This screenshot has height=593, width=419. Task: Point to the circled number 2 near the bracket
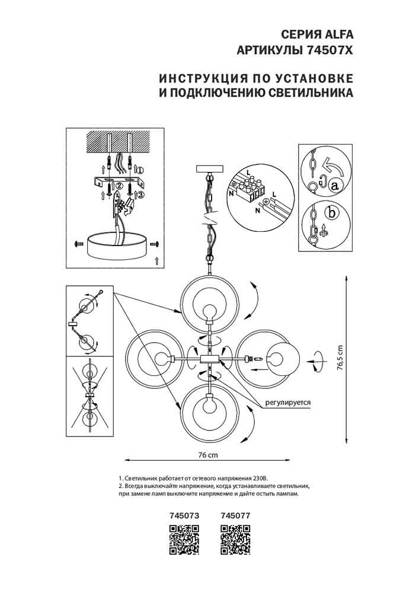coord(119,186)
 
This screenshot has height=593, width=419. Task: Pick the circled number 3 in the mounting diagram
coord(140,196)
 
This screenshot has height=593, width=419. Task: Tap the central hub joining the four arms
coord(210,358)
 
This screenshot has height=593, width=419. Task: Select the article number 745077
coord(235,517)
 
